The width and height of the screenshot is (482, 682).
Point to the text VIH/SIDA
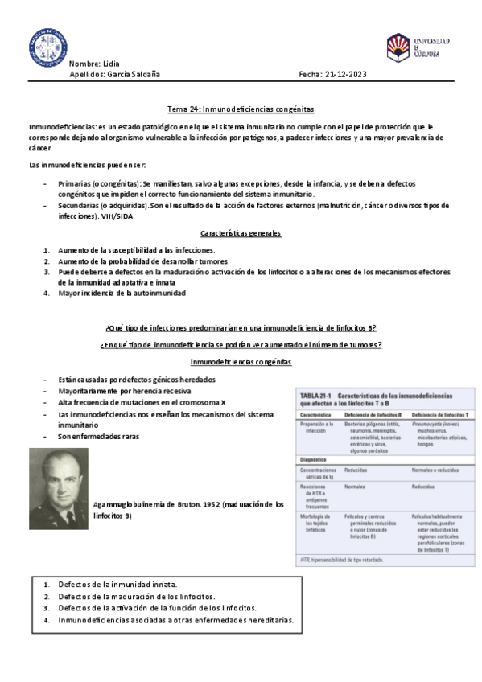pos(120,216)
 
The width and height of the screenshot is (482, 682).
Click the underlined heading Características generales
pos(240,233)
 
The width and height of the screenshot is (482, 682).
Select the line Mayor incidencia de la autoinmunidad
pos(122,294)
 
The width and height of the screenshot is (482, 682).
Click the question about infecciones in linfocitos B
pos(241,328)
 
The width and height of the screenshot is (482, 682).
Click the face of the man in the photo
pos(59,476)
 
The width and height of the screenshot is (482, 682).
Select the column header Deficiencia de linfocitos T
pos(438,414)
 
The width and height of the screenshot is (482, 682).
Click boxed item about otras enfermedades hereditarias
pos(176,621)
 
